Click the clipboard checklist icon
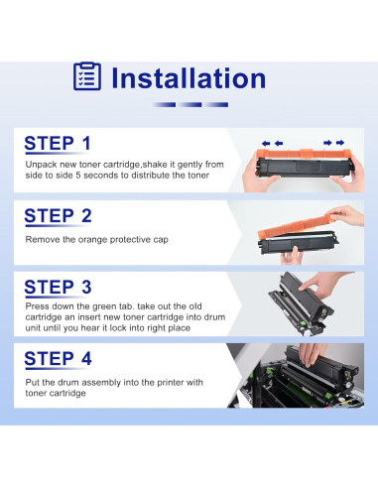click(87, 76)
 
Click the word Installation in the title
click(189, 78)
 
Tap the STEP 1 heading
click(58, 144)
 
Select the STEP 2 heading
click(58, 216)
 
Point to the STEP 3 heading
click(58, 287)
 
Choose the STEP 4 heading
click(58, 359)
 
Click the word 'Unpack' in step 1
click(39, 165)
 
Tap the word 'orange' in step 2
click(92, 240)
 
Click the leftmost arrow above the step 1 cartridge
click(266, 143)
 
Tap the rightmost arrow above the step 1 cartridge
click(340, 143)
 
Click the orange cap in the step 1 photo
click(304, 154)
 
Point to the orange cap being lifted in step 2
click(296, 225)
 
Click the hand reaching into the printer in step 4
click(312, 354)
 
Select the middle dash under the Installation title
click(190, 105)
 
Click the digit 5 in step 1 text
click(78, 176)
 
